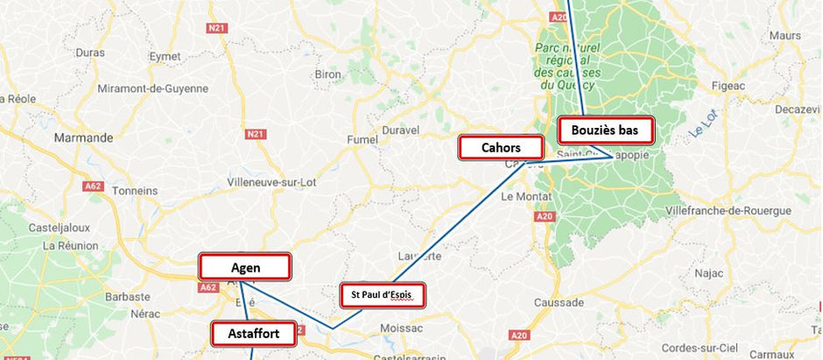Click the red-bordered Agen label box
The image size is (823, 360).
click(245, 266)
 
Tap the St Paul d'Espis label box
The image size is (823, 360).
click(382, 295)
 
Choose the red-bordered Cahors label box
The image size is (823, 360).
click(501, 147)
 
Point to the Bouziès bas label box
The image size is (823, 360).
click(606, 131)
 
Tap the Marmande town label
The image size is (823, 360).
click(83, 138)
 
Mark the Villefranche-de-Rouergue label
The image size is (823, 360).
click(728, 211)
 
